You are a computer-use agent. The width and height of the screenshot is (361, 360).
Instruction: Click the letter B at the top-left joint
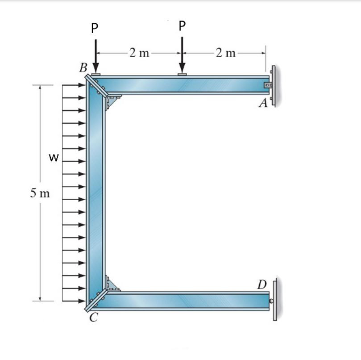83,67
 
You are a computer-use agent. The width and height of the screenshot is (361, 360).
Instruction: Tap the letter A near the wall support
263,103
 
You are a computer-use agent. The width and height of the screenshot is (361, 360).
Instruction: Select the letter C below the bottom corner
94,318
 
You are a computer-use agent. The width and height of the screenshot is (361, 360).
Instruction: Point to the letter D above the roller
262,285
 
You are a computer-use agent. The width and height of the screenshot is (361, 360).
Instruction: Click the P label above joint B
95,28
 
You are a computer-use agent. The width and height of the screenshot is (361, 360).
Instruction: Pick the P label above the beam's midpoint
182,26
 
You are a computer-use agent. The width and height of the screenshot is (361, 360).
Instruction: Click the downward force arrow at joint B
95,56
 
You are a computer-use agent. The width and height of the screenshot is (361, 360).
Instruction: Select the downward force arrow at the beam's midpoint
182,55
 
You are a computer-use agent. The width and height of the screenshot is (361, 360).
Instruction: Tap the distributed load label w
54,158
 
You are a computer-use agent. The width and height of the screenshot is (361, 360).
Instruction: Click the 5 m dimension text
40,193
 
